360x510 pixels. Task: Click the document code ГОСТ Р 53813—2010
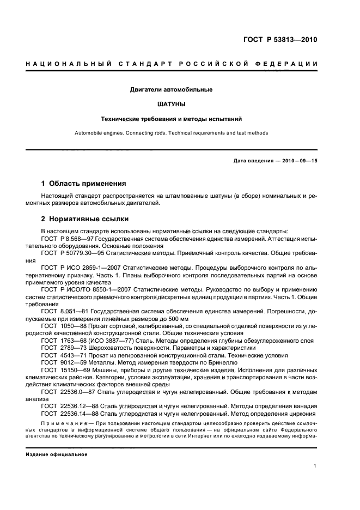pyautogui.click(x=280, y=40)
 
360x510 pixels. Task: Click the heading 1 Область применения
pyautogui.click(x=84, y=183)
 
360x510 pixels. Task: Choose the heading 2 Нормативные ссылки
pyautogui.click(x=85, y=219)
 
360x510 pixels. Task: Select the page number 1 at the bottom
pyautogui.click(x=315, y=466)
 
